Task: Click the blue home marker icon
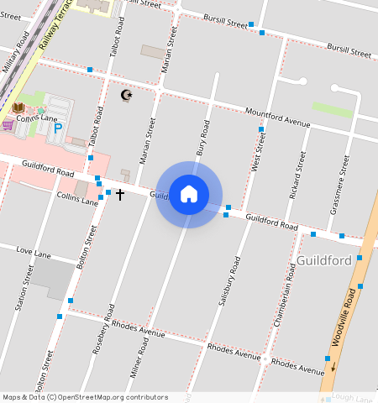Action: (x=189, y=195)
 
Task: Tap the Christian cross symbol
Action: (x=119, y=195)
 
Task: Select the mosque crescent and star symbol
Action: (x=127, y=96)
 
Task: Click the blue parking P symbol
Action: (x=58, y=128)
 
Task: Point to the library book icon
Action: (x=18, y=107)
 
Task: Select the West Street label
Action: (x=258, y=152)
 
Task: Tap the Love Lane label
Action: (x=34, y=253)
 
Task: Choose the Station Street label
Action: (x=24, y=288)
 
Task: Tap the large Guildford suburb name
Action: (x=323, y=261)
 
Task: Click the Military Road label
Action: (x=17, y=55)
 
